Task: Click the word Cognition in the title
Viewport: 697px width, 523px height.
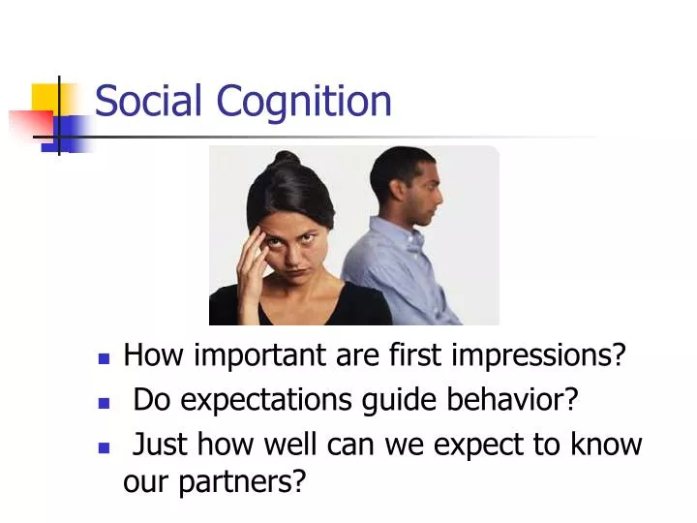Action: click(304, 104)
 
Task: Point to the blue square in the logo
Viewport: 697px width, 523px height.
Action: click(67, 134)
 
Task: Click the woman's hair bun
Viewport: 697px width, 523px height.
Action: click(286, 159)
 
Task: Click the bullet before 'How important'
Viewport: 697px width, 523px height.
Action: click(104, 358)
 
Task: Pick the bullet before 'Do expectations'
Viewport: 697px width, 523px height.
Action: click(104, 403)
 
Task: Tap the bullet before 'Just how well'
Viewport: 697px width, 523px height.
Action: click(104, 447)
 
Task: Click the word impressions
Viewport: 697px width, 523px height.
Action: click(538, 355)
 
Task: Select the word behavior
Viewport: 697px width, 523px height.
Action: click(512, 399)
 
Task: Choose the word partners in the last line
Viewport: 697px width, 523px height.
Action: click(242, 482)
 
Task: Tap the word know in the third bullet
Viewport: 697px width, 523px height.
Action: click(606, 443)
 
